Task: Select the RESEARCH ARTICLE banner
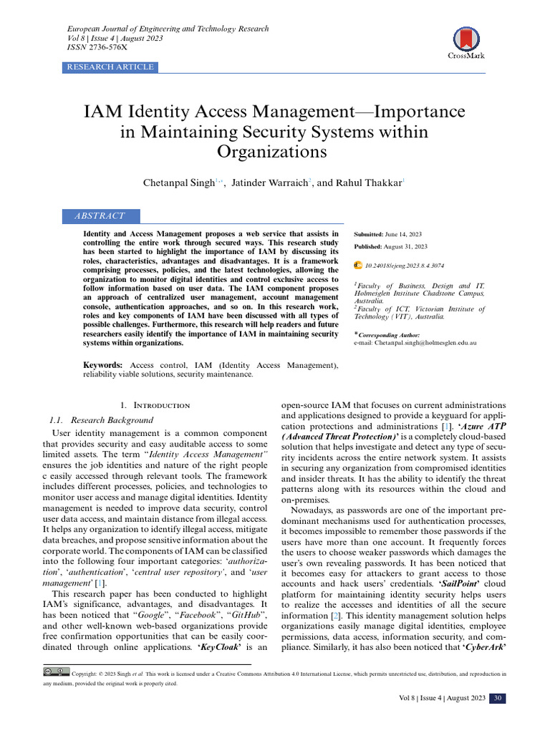point(110,67)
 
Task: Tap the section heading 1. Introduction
point(155,405)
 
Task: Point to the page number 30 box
point(498,699)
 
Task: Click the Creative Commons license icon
point(57,673)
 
